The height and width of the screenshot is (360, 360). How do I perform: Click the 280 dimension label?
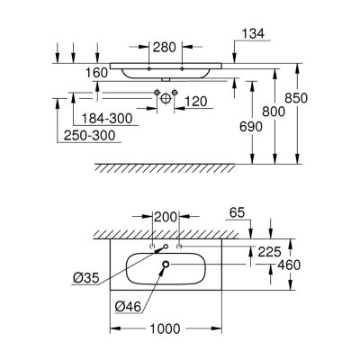164,47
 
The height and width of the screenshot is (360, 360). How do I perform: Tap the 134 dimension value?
253,33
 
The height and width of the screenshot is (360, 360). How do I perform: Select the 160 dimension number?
96,73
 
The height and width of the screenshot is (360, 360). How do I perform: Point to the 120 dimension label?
196,102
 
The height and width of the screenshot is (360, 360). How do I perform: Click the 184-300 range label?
107,119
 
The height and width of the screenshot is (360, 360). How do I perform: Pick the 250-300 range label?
89,136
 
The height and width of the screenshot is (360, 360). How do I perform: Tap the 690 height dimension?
251,127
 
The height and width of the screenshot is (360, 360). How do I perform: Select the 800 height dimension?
274,112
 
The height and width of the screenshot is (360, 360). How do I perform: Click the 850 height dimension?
296,98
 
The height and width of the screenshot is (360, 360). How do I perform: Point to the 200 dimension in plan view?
166,217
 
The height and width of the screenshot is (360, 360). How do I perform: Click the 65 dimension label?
237,212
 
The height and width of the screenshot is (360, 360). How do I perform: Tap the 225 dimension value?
269,252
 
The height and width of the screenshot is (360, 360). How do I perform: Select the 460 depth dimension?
289,265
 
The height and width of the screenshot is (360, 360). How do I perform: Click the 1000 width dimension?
165,328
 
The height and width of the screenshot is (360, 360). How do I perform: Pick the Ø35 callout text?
85,279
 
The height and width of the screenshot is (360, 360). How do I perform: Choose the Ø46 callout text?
128,307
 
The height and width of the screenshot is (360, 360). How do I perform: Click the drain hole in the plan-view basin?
166,264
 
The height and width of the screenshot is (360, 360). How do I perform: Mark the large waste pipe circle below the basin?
166,98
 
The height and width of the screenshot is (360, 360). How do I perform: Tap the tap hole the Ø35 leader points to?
166,247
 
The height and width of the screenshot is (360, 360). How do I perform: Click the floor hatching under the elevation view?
165,168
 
